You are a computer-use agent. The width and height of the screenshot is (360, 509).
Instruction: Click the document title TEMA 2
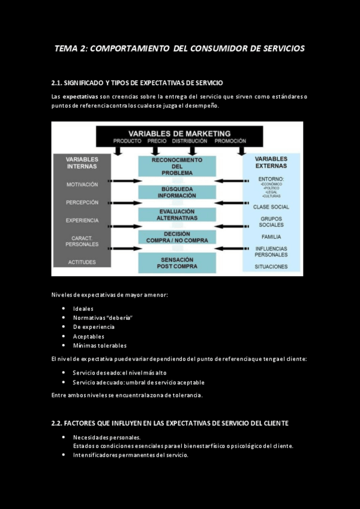(x=179, y=48)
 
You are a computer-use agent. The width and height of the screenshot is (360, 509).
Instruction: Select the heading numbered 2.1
(x=137, y=82)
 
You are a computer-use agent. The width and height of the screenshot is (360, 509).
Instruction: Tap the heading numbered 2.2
(x=170, y=423)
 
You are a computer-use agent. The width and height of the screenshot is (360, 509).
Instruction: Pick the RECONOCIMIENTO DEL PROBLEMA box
(x=176, y=166)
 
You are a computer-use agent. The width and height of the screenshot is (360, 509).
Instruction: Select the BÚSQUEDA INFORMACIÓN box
(x=176, y=192)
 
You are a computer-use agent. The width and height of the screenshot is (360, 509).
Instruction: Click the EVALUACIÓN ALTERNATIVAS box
(x=176, y=215)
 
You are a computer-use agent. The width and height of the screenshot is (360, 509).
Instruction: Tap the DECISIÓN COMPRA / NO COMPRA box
(x=176, y=237)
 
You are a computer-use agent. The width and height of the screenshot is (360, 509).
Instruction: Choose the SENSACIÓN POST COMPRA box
(x=176, y=262)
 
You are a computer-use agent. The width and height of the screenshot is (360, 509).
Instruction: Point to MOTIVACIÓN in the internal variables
(x=82, y=184)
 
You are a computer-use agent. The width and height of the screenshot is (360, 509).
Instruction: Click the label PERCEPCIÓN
(x=82, y=202)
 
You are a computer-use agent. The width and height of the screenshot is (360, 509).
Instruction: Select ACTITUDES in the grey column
(x=82, y=262)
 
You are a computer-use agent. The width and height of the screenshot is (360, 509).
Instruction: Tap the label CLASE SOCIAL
(x=271, y=207)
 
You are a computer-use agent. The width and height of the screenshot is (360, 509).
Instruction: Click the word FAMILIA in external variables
(x=271, y=237)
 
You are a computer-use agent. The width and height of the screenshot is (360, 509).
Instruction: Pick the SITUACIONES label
(x=271, y=266)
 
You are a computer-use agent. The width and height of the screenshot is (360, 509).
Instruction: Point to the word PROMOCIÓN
(x=230, y=141)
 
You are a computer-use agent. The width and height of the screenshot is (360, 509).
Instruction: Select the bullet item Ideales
(x=83, y=309)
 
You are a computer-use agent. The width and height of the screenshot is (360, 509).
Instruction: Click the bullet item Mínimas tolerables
(x=100, y=345)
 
